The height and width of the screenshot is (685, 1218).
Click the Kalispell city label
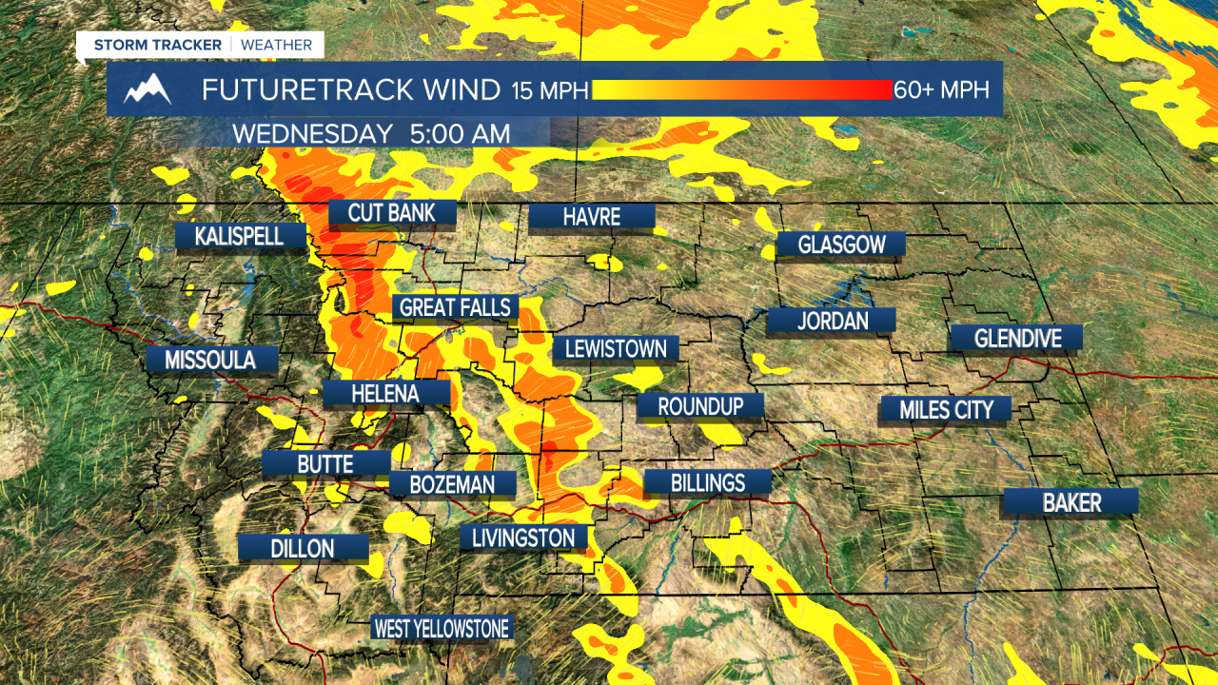240,236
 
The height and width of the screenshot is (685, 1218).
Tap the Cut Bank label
391,212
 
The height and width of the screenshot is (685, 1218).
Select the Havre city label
591,217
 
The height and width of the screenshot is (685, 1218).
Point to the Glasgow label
841,245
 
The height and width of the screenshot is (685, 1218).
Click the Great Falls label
456,307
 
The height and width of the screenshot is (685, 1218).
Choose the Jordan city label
832,321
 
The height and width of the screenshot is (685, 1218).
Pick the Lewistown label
616,348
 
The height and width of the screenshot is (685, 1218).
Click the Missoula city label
210,360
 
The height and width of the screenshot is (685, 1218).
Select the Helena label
385,393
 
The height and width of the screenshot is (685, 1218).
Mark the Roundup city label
700,406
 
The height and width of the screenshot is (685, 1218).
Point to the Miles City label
947,410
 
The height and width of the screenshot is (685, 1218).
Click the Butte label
325,464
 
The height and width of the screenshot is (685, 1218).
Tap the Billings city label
707,482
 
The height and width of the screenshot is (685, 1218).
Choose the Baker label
1071,502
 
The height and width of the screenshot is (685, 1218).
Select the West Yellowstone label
442,628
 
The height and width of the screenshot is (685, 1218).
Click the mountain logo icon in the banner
147,89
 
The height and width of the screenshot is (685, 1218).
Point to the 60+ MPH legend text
941,89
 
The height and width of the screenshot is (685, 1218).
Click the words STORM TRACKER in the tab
157,45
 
